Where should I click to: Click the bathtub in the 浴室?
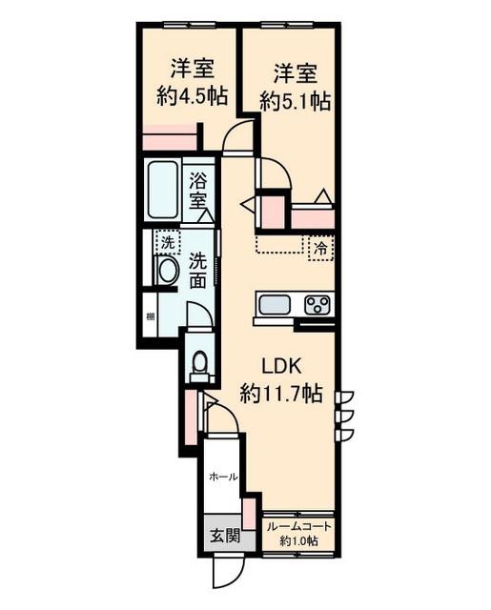coord(163,190)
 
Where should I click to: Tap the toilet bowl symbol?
coord(199,364)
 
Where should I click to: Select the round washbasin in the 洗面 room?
coord(167,270)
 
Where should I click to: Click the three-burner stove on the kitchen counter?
coord(317,305)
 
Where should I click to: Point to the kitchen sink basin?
coord(275,305)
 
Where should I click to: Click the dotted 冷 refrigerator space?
coord(321,248)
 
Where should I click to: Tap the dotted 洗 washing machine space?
coord(168,242)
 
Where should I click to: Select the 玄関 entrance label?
coord(225,536)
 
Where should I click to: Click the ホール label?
coord(224,477)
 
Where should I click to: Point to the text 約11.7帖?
coord(281,394)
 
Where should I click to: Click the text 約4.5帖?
coord(193,96)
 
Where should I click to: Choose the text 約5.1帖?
coord(296,102)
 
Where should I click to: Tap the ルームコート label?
coord(298,527)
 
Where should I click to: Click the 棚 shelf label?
coord(151,316)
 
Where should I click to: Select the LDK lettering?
coord(281,365)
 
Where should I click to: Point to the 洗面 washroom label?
coord(197,270)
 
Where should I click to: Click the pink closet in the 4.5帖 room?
coord(170,137)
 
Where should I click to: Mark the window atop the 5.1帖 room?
coord(287,25)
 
